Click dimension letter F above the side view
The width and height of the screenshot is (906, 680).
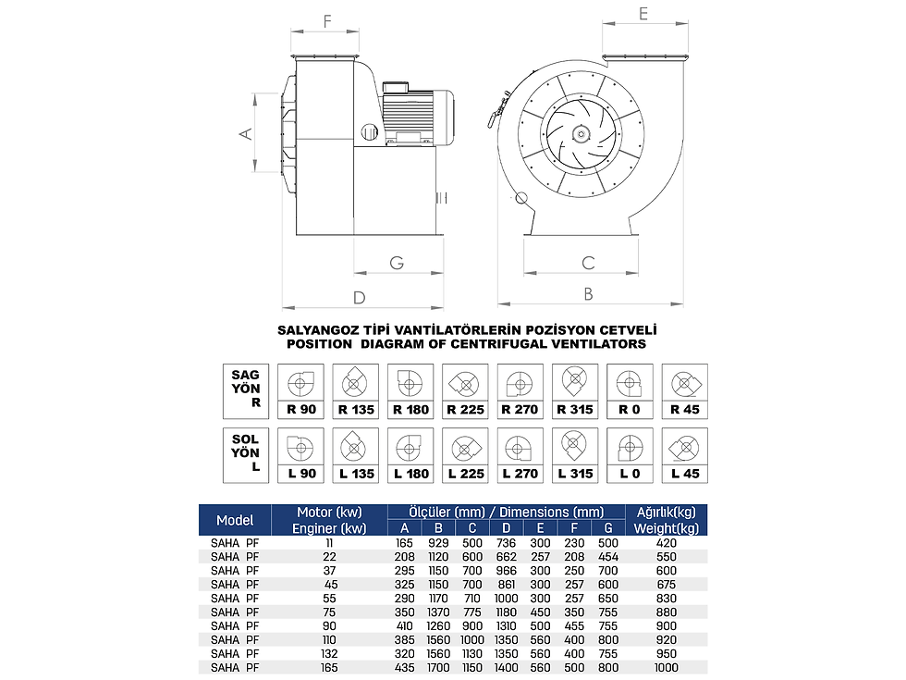coord(327,21)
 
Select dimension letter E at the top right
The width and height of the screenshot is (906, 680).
coord(643,14)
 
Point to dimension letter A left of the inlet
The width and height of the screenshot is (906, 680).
coord(246,133)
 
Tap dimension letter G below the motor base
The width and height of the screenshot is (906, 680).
coord(397,263)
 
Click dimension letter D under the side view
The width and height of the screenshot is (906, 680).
coord(360,298)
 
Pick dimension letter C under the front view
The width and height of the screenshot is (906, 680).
coord(588,263)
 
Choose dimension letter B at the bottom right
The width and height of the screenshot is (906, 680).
coord(588,294)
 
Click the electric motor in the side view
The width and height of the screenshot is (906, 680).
coord(416,115)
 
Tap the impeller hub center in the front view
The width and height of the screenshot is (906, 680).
coord(580,134)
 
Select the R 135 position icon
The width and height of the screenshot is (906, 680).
coord(355,383)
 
